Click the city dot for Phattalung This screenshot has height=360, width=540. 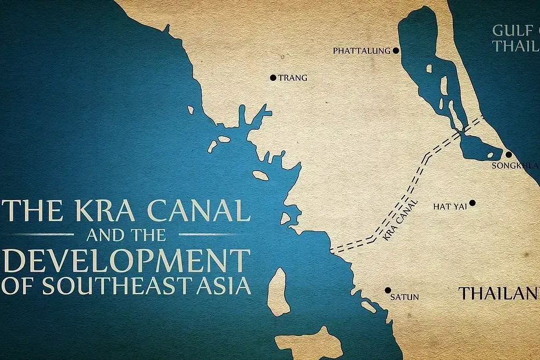(396, 51)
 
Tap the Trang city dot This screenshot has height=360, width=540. (273, 77)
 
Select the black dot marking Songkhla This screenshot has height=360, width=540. (509, 155)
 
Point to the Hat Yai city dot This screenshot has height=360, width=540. (473, 203)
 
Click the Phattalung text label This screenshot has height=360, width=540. (362, 51)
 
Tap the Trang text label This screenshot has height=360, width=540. (293, 78)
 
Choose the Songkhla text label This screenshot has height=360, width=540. (515, 166)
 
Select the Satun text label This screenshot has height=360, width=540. (405, 297)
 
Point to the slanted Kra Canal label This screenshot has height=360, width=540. (400, 220)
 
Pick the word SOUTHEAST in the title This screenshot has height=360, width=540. (105, 286)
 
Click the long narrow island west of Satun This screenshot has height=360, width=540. (278, 291)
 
